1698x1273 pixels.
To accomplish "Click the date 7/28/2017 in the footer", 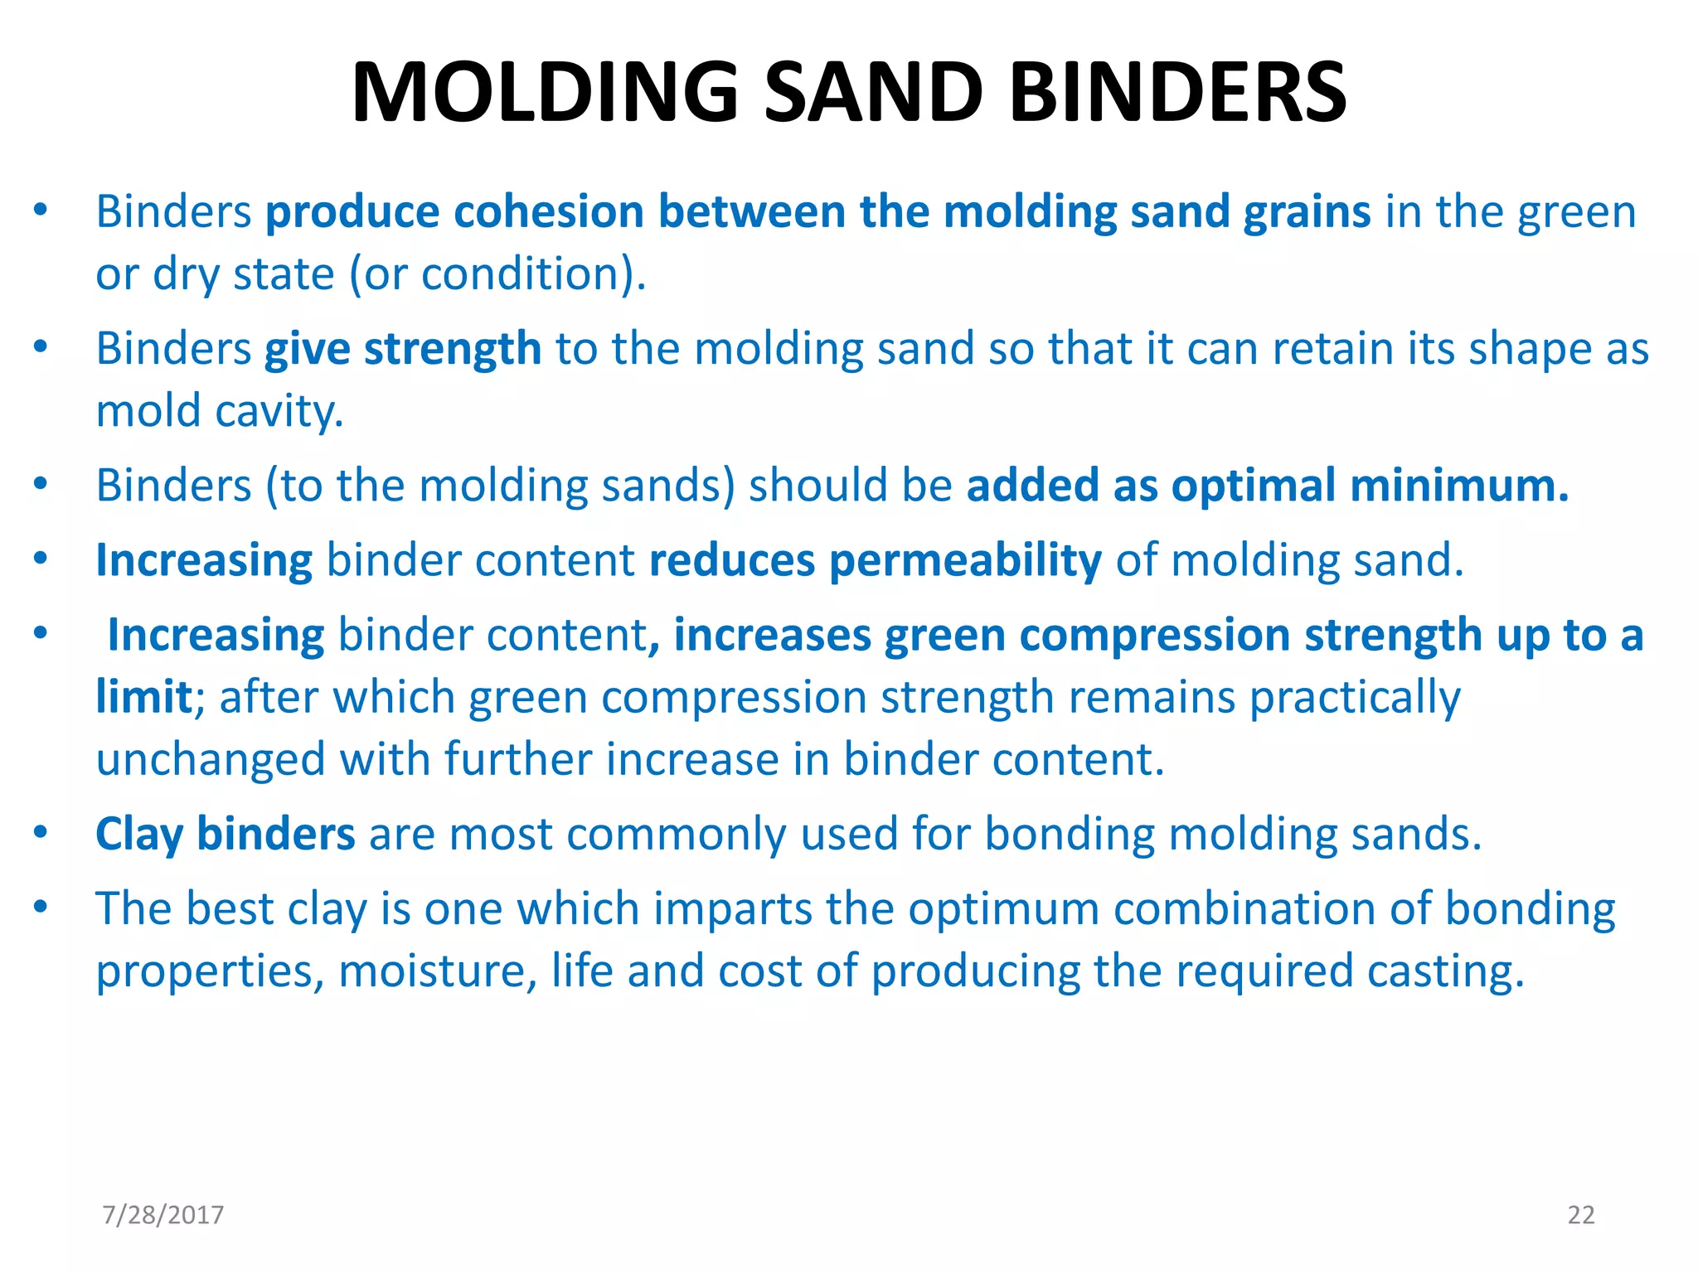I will tap(163, 1215).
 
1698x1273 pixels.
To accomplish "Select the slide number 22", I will tap(1580, 1215).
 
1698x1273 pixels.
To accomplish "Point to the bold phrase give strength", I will tap(403, 348).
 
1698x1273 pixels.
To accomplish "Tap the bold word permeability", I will tap(965, 560).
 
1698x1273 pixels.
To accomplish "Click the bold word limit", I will tap(143, 696).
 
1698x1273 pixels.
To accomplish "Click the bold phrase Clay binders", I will tap(225, 834).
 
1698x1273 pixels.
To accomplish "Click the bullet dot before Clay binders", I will tap(40, 832).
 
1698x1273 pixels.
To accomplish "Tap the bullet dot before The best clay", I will tap(40, 907).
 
